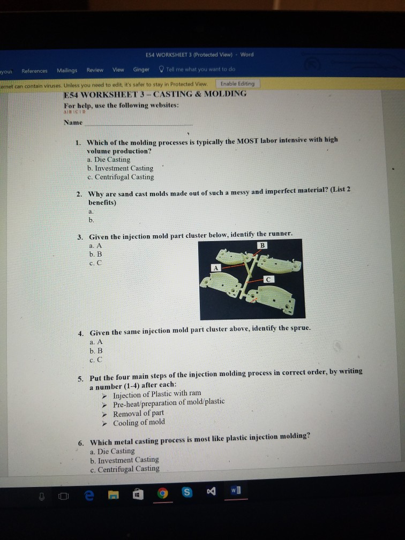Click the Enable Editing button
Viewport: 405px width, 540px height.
point(237,84)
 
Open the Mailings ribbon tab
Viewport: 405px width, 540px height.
point(67,70)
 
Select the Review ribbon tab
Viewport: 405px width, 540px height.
point(95,70)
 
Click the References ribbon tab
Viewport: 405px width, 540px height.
point(34,71)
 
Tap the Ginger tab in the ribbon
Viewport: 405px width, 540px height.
point(141,70)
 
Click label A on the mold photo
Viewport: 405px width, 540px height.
point(216,267)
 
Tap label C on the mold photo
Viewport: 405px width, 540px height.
point(269,280)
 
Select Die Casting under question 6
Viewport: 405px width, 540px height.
point(112,451)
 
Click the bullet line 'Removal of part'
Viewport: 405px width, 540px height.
point(138,413)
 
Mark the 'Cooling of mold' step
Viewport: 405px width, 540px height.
point(139,422)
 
